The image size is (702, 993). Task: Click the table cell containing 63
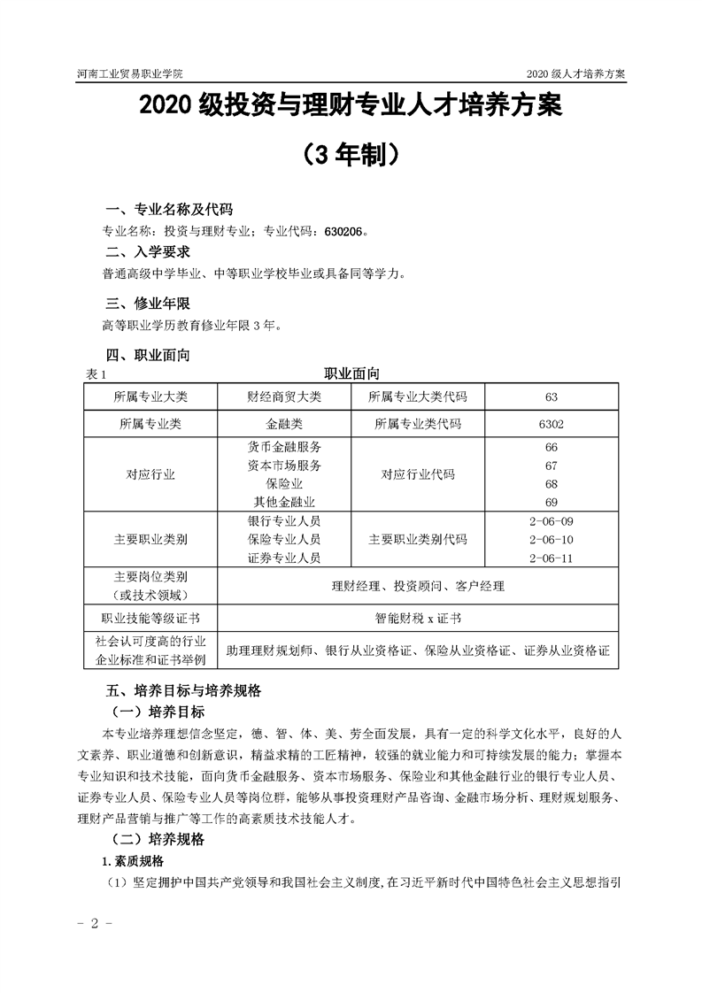[552, 396]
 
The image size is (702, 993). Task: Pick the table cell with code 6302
[552, 424]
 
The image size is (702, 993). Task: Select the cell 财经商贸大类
[284, 396]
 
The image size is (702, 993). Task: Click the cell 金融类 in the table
[284, 424]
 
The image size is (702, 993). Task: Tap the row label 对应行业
[150, 474]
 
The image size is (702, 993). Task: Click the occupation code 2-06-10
[551, 539]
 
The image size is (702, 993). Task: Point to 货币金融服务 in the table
[284, 447]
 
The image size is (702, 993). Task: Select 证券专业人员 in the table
[284, 558]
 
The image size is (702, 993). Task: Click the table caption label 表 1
[95, 374]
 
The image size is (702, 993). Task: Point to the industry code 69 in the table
[552, 502]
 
